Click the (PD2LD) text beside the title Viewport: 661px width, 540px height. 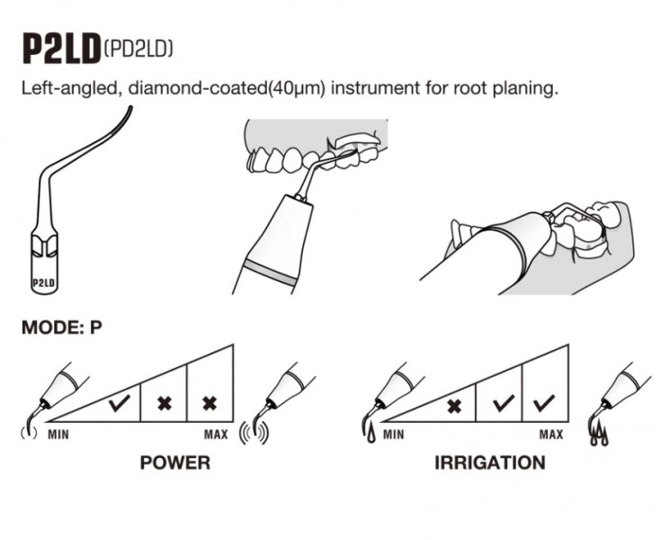(138, 47)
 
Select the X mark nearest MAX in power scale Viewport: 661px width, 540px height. (210, 403)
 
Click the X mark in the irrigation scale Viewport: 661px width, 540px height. (455, 404)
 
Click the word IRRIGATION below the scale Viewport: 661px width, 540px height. (489, 463)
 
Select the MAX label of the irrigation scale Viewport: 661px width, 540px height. (551, 436)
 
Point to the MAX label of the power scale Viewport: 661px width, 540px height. (216, 436)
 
